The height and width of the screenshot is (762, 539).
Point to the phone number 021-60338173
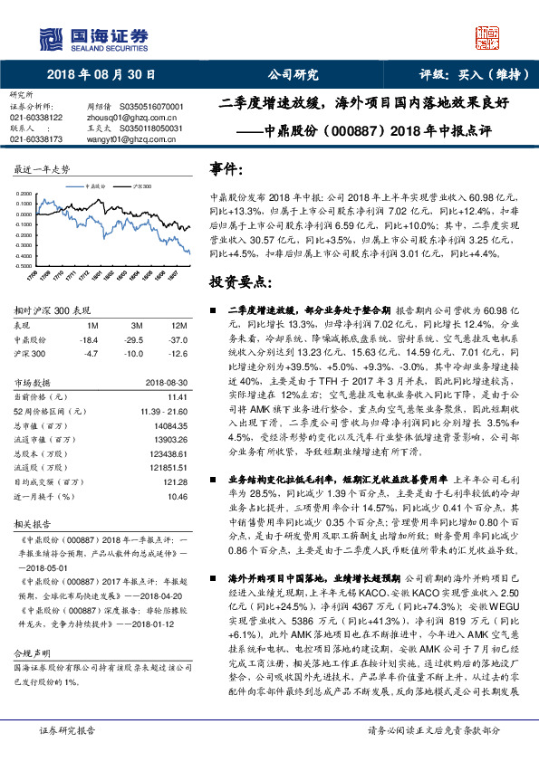36,139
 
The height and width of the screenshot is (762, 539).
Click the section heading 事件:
226,169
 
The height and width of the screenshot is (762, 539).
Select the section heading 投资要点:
238,281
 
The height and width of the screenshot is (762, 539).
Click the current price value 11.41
177,396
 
